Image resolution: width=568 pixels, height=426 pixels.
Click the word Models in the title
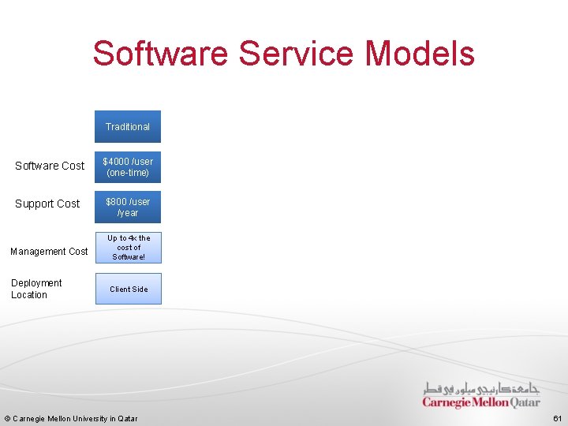pyautogui.click(x=420, y=54)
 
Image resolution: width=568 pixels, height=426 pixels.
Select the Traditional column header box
pyautogui.click(x=128, y=126)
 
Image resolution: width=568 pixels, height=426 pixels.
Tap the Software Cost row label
pyautogui.click(x=50, y=166)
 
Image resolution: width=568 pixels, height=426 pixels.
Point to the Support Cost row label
pyautogui.click(x=47, y=204)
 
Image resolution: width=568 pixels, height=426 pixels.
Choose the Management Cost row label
pyautogui.click(x=49, y=252)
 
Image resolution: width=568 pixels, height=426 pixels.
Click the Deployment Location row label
pyautogui.click(x=36, y=289)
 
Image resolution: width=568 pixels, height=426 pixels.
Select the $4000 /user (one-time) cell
pyautogui.click(x=128, y=167)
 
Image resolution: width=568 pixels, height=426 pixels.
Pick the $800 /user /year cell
pyautogui.click(x=128, y=207)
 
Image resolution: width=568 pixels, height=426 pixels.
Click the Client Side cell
pyautogui.click(x=129, y=290)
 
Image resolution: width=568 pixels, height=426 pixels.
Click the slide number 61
pyautogui.click(x=557, y=418)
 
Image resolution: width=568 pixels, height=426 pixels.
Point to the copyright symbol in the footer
pyautogui.click(x=7, y=419)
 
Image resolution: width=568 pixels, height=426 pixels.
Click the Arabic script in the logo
pyautogui.click(x=481, y=388)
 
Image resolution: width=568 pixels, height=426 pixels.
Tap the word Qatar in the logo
pyautogui.click(x=525, y=402)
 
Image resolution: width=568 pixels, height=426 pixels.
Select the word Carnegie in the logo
pyautogui.click(x=447, y=402)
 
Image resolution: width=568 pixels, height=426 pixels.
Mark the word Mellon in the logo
pyautogui.click(x=490, y=402)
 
